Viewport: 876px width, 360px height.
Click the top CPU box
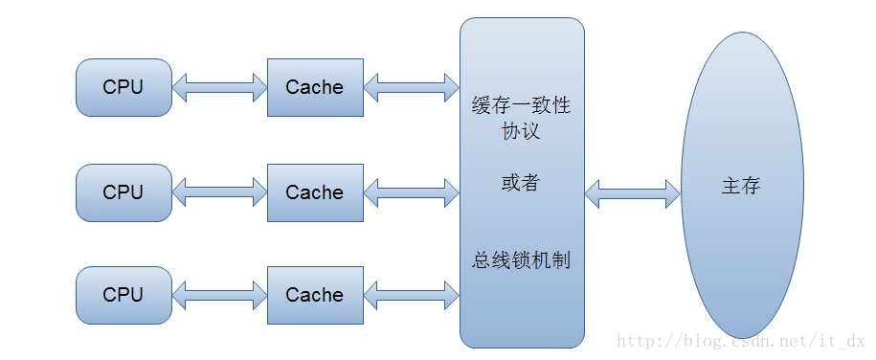[x=124, y=87]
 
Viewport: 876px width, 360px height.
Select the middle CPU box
[x=124, y=192]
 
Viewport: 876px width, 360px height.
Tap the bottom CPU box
[x=124, y=295]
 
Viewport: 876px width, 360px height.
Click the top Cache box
[x=314, y=87]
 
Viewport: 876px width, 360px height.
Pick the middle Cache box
[x=314, y=192]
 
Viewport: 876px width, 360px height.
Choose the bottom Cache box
[x=314, y=295]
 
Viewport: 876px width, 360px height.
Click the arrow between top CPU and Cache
[x=219, y=88]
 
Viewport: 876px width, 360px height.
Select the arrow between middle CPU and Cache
[x=219, y=193]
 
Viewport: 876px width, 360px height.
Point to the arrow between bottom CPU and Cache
[x=219, y=296]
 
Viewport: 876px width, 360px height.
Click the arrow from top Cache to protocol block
[x=411, y=88]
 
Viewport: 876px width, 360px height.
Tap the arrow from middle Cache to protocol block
[x=411, y=193]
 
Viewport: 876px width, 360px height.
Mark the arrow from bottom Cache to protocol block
[x=411, y=296]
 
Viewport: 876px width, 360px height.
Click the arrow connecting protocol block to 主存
[x=632, y=192]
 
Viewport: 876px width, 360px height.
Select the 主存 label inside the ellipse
[x=740, y=186]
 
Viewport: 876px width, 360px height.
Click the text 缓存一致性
[x=521, y=105]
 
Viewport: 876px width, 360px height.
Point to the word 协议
[x=521, y=131]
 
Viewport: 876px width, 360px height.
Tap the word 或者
[x=521, y=182]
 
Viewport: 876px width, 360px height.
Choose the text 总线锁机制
[x=521, y=259]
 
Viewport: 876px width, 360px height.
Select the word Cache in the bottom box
[x=314, y=295]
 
